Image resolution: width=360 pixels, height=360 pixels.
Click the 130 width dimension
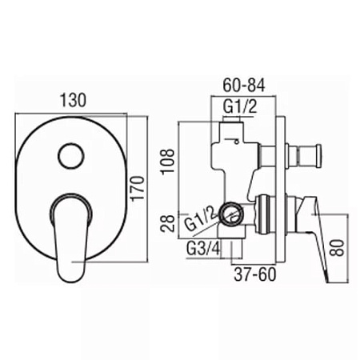pyautogui.click(x=74, y=100)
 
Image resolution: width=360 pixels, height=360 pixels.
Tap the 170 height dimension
pyautogui.click(x=138, y=187)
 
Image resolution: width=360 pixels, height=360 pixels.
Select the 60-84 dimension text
pyautogui.click(x=244, y=85)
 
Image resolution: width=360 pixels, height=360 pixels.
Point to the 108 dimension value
pyautogui.click(x=168, y=162)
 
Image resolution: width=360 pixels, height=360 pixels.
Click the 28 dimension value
pyautogui.click(x=168, y=223)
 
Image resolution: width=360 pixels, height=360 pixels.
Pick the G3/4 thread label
pyautogui.click(x=203, y=249)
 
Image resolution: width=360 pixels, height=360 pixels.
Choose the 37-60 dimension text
pyautogui.click(x=254, y=274)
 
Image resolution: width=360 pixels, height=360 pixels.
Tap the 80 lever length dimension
pyautogui.click(x=338, y=248)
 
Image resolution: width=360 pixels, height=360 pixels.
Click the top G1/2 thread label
pyautogui.click(x=240, y=107)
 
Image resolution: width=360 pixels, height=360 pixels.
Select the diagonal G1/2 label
pyautogui.click(x=201, y=220)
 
